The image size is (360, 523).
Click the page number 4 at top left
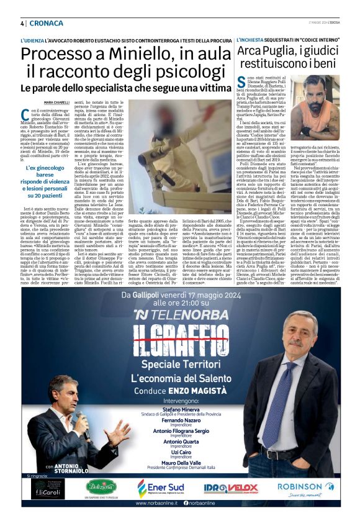22,23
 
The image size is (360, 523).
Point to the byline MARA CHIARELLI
57,102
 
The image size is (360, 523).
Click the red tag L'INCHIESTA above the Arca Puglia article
251,40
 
